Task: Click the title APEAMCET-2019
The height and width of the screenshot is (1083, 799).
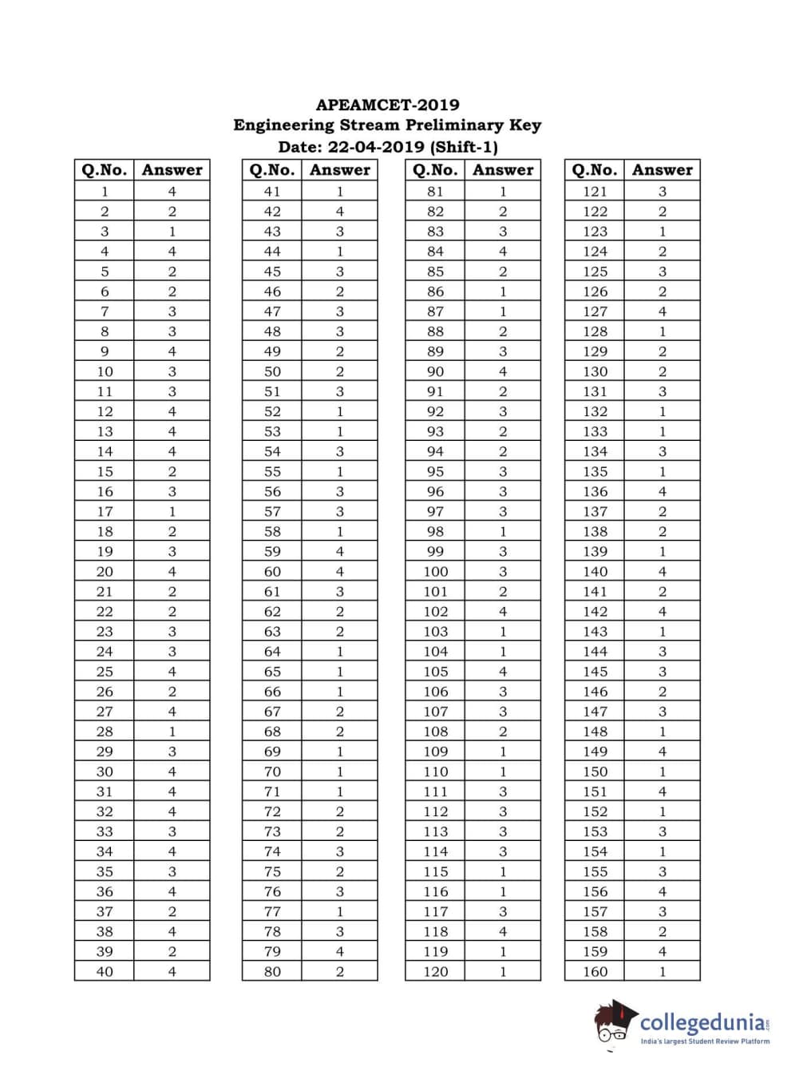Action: click(387, 105)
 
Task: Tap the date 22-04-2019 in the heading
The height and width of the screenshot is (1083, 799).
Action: click(376, 147)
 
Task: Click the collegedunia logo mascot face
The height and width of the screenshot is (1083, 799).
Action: click(613, 1024)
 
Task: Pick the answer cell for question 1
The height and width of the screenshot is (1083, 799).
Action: click(172, 192)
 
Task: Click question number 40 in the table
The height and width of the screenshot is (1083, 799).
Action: click(105, 971)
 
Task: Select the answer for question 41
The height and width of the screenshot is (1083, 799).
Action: click(339, 192)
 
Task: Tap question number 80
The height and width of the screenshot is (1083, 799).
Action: click(272, 971)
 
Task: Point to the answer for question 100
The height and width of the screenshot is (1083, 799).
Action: click(502, 572)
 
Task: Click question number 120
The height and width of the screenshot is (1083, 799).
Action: click(436, 971)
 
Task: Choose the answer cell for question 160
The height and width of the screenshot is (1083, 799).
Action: click(662, 971)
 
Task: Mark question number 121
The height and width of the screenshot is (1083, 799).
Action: click(595, 192)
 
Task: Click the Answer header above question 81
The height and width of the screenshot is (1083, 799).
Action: click(503, 170)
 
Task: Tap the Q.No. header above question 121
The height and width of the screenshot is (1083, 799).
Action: click(595, 170)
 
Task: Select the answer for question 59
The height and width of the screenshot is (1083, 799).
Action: click(339, 551)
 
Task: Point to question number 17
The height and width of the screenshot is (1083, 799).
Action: click(105, 511)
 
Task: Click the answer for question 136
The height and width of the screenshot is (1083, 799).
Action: click(662, 491)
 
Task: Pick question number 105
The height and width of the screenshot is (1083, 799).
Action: click(436, 672)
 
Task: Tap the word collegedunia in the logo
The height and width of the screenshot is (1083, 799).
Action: click(702, 1022)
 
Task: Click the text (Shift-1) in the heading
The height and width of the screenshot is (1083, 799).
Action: click(464, 147)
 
